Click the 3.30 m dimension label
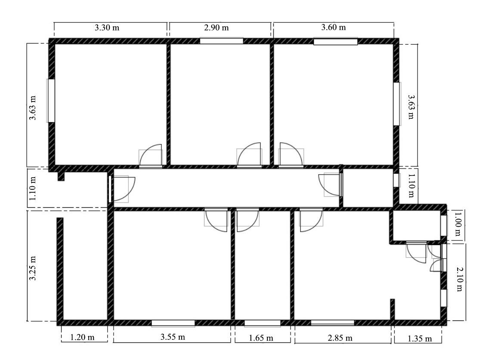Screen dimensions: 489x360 click(x=107, y=28)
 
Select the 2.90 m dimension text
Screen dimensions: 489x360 click(x=217, y=28)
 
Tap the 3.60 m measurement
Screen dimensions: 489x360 click(x=333, y=27)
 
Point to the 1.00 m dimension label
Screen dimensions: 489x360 click(x=458, y=224)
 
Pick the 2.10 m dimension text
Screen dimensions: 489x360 click(x=459, y=279)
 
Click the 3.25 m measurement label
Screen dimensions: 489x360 click(x=33, y=268)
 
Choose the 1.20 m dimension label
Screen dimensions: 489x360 click(x=82, y=337)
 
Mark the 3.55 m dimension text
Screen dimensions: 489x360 click(x=173, y=337)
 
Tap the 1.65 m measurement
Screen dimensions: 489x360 click(x=261, y=338)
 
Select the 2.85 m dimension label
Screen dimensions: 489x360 click(x=340, y=338)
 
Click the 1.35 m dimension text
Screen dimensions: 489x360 click(x=420, y=338)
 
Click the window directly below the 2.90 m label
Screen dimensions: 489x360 click(x=221, y=41)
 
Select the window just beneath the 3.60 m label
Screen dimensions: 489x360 click(x=336, y=41)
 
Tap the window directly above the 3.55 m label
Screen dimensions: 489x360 click(x=173, y=323)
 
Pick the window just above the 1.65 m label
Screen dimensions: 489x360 click(x=262, y=323)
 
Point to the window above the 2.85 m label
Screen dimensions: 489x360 click(x=332, y=323)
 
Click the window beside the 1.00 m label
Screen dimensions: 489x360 click(x=443, y=225)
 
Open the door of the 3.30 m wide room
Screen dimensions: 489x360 click(x=151, y=156)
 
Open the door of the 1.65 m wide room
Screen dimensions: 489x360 click(x=248, y=220)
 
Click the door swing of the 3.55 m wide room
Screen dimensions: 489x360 click(x=216, y=220)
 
